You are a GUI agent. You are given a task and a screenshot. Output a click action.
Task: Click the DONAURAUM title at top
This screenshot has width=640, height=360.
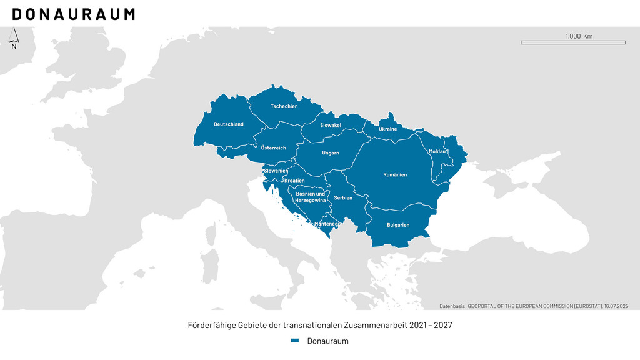[73, 14]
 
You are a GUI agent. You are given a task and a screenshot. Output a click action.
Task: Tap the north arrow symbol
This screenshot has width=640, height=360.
[14, 39]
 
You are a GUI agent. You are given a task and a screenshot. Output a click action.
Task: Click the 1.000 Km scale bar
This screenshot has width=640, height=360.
[572, 42]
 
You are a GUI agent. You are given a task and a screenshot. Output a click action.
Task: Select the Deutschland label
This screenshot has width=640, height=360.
[229, 124]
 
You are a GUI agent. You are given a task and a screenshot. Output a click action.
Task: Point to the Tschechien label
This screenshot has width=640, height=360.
[284, 106]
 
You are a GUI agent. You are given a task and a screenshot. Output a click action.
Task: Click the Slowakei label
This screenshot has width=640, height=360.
[331, 126]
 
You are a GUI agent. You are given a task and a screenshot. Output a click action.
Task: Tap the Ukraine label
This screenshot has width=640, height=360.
[387, 129]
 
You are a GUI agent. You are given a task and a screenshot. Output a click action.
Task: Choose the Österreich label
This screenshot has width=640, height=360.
[273, 148]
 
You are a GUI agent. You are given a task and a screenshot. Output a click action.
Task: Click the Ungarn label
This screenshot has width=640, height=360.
[331, 153]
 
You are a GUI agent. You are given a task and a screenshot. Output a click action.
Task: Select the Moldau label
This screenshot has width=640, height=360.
[437, 152]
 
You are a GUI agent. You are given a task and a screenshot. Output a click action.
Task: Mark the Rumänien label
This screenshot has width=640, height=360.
[395, 175]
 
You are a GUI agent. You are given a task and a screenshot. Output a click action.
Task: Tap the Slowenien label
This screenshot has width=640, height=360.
[276, 171]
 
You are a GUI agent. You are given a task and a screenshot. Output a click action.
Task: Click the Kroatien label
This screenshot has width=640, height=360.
[294, 181]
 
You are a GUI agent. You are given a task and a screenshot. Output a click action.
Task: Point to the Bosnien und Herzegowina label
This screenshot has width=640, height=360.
[311, 197]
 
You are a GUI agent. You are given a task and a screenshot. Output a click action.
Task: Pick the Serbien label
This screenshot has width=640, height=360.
[343, 198]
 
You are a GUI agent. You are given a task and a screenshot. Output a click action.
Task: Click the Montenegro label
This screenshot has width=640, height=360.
[327, 224]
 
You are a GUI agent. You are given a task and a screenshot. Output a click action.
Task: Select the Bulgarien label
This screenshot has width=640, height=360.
[398, 225]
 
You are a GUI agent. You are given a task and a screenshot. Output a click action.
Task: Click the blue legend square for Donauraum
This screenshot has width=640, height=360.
[295, 341]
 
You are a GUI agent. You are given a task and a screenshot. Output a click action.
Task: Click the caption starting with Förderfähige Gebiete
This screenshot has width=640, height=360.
[320, 326]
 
